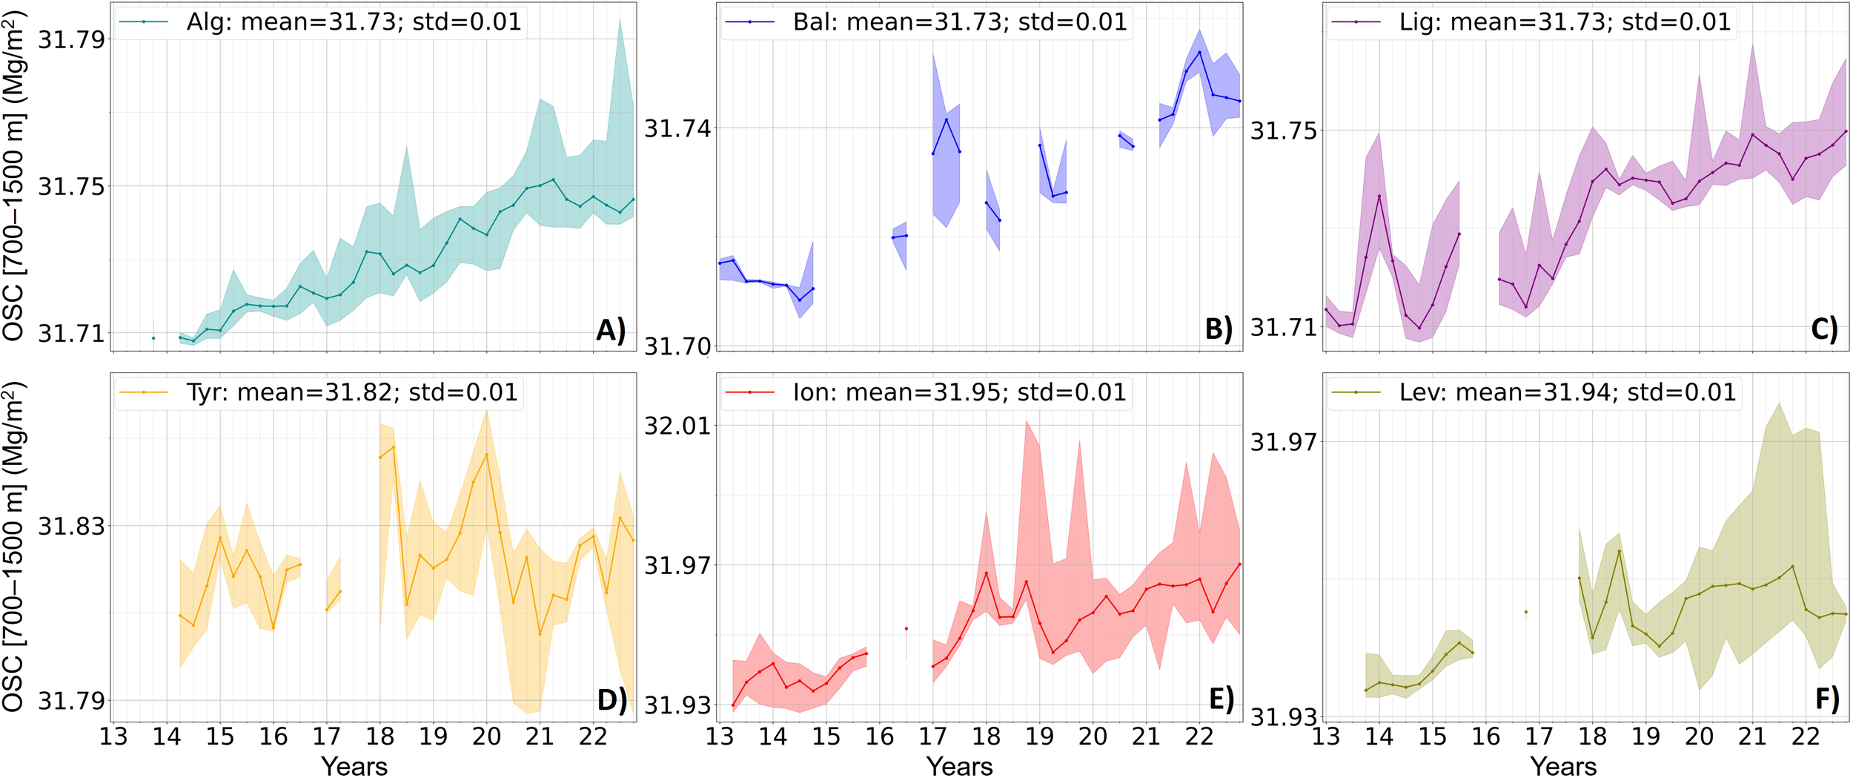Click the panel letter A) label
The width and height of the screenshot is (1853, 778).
point(611,329)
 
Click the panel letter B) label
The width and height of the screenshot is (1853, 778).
point(1219,329)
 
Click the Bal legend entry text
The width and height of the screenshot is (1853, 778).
point(959,22)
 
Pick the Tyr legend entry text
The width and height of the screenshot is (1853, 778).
point(351,392)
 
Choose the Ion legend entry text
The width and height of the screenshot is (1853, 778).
point(959,392)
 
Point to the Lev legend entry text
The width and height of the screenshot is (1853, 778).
point(1567,392)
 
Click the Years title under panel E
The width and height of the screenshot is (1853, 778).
point(959,765)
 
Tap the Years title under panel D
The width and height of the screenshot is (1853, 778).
point(354,765)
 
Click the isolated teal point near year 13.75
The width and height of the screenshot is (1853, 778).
point(153,338)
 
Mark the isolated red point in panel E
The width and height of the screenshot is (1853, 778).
point(906,629)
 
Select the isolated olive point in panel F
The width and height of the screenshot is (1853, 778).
point(1525,612)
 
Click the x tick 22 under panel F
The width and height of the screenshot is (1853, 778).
point(1806,736)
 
